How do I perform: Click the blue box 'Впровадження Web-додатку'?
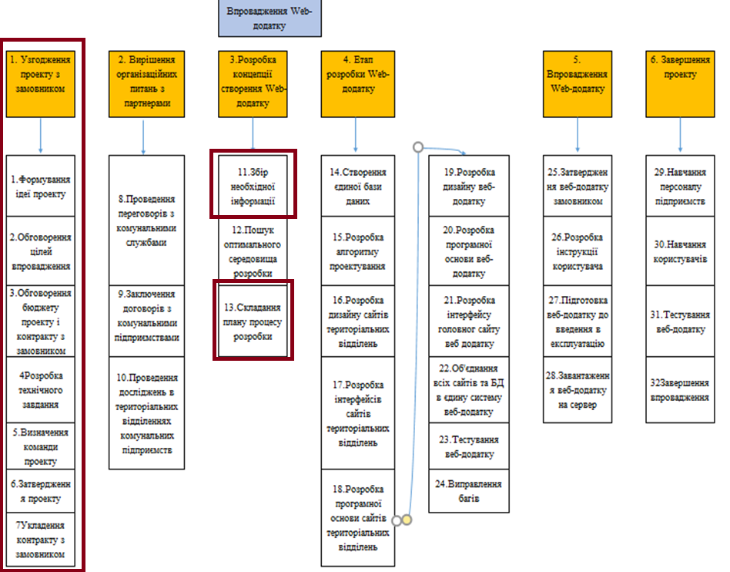pyautogui.click(x=269, y=19)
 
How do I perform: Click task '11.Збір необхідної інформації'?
pyautogui.click(x=253, y=185)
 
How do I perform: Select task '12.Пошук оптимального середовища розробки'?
pyautogui.click(x=253, y=251)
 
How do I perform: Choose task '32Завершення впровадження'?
pyautogui.click(x=680, y=390)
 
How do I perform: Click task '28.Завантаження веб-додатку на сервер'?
pyautogui.click(x=578, y=390)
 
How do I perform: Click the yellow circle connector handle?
pyautogui.click(x=407, y=520)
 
